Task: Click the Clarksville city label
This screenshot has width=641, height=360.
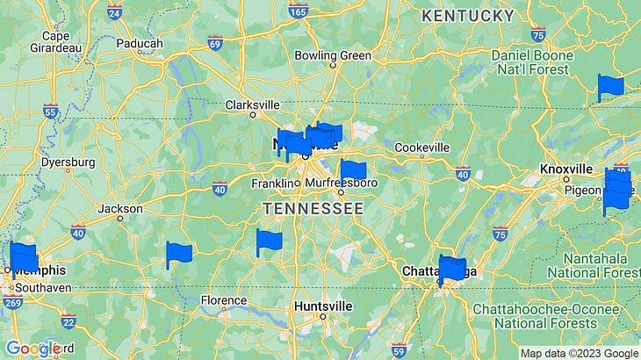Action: pos(252,104)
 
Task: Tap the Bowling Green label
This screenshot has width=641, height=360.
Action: pos(333,55)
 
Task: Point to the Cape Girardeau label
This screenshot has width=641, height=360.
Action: pos(55,41)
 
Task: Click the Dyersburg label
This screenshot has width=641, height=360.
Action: pos(68,162)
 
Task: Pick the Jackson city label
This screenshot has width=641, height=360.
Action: pos(119,209)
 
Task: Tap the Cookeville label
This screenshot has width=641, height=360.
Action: pos(421,148)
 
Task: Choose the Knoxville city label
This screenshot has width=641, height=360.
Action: pos(566,168)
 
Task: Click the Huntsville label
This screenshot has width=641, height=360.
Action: pos(323,306)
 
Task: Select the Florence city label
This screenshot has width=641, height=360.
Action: pos(224,300)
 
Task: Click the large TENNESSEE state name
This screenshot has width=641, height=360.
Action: pos(313,208)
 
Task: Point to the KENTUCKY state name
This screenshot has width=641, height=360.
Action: pos(468,16)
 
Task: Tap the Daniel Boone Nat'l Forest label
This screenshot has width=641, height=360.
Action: pos(533,61)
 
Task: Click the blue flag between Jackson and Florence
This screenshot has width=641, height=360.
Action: pos(178,255)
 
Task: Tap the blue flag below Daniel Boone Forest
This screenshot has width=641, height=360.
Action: pos(609,87)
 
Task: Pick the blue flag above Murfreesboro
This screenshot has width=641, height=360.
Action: pos(352,170)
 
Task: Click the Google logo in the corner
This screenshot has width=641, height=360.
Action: pos(33,349)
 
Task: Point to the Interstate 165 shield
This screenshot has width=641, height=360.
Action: pos(298,11)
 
